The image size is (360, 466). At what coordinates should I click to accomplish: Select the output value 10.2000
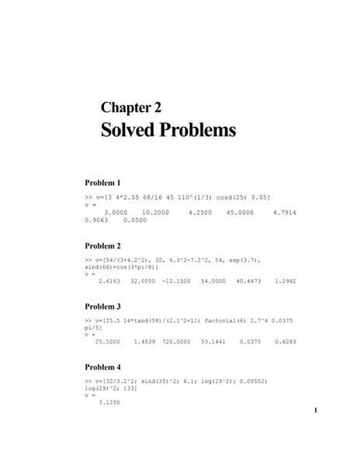(159, 212)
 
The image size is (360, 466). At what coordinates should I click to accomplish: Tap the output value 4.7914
(285, 212)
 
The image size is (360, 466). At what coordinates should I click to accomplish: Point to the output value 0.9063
(99, 219)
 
